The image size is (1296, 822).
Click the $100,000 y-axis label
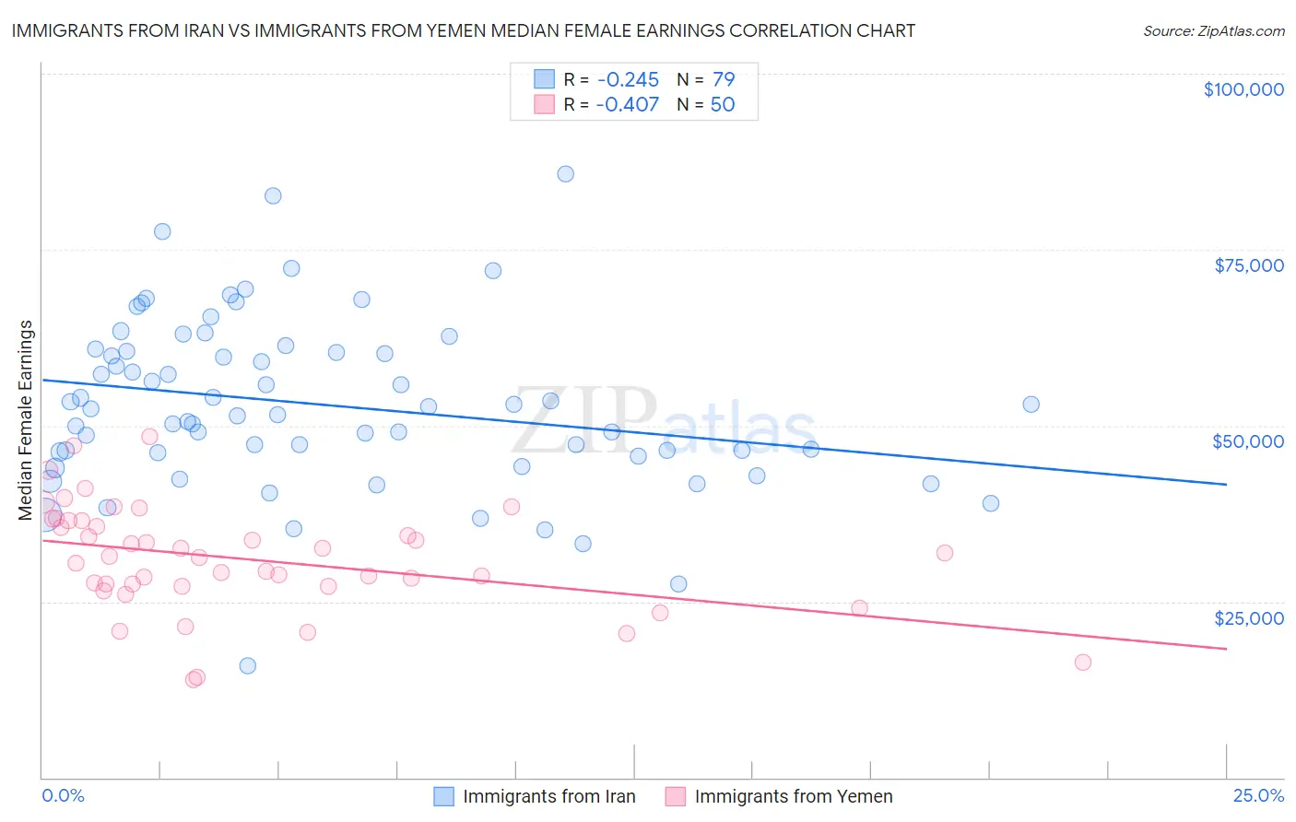pos(1243,89)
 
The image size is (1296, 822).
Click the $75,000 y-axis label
pos(1248,265)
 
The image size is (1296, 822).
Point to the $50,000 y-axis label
pos(1248,441)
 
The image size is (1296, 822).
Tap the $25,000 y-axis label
pos(1248,617)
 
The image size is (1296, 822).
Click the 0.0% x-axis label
pos(63,795)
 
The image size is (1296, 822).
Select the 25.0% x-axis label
pos(1258,795)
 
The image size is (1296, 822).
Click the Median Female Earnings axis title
pos(26,420)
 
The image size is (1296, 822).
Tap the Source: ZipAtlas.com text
pos(1213,30)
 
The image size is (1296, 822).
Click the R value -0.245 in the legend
pos(627,80)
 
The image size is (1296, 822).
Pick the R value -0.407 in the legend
pos(627,105)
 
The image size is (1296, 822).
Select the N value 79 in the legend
pos(724,80)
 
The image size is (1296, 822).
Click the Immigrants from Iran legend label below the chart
pos(548,796)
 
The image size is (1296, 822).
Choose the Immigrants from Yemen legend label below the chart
pos(793,796)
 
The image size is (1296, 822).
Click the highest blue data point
pos(566,174)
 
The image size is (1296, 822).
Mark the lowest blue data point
pos(248,665)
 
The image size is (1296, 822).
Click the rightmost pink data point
pos(1083,663)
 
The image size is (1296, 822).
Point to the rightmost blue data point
pos(1031,405)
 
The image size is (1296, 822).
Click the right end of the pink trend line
pos(1226,649)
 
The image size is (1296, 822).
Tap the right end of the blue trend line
pos(1226,484)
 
